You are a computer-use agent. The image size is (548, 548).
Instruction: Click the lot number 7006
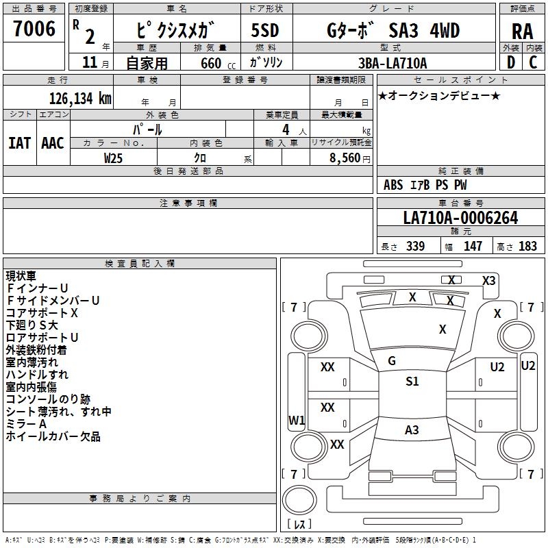34,28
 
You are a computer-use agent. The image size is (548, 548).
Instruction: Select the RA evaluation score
522,32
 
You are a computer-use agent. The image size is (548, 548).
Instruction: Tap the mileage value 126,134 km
80,99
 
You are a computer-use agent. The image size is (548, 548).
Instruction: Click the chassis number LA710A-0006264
460,218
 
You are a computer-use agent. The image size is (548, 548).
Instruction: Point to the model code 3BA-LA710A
393,63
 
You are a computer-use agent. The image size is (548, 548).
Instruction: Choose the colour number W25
113,158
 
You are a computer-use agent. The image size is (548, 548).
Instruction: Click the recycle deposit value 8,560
345,158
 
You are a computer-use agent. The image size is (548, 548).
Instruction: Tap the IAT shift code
19,143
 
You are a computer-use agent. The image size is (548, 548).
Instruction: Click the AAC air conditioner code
53,143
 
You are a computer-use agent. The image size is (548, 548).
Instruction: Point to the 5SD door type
265,30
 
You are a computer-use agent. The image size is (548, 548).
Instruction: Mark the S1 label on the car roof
412,381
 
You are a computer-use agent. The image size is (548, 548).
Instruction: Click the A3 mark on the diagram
412,429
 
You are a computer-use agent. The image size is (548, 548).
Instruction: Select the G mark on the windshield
392,360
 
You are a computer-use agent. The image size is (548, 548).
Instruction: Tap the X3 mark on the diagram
488,280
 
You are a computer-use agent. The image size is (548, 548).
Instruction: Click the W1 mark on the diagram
297,420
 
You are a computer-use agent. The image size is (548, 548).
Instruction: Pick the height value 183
527,246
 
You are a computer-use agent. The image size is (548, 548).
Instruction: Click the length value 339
416,246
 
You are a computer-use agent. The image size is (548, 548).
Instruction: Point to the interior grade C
533,62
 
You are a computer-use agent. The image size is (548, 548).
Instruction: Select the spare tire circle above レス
299,500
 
